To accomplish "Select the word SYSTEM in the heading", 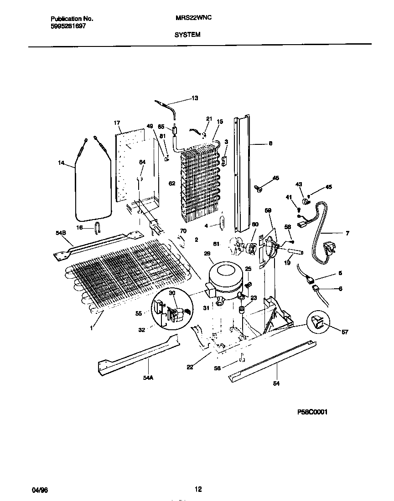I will [x=187, y=34].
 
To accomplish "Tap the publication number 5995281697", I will [x=68, y=26].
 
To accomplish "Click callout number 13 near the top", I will [x=195, y=98].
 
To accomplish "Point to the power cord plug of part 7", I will [x=328, y=249].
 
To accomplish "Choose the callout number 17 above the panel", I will [x=117, y=123].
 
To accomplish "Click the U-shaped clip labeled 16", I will [x=98, y=227].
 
